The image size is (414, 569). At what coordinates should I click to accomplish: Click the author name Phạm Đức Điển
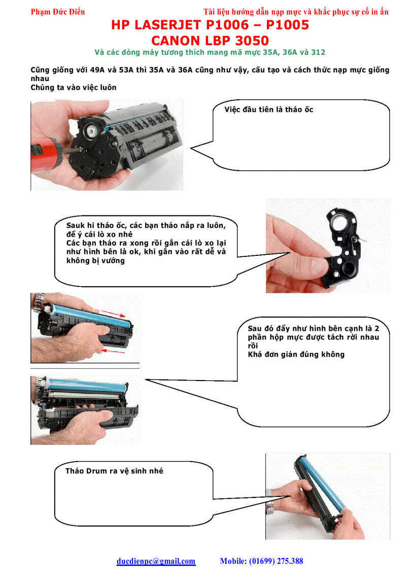tap(58, 12)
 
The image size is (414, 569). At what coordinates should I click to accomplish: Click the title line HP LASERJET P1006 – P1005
tap(210, 25)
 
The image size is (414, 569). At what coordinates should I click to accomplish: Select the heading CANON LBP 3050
tap(210, 40)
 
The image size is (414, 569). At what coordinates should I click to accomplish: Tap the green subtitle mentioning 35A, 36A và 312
tap(210, 52)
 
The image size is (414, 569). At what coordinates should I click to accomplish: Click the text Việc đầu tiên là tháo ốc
tap(269, 109)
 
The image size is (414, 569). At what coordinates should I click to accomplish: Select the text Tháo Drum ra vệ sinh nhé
tap(114, 471)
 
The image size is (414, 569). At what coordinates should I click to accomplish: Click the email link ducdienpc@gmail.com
tap(156, 561)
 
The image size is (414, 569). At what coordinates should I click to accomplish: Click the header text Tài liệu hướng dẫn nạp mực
tap(264, 12)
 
